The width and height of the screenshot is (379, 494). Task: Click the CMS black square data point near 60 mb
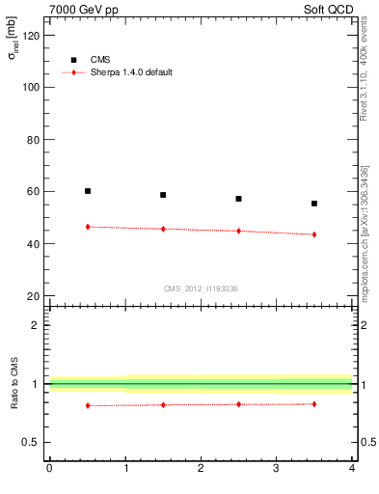coord(88,191)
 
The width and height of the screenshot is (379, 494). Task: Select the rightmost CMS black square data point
coord(314,204)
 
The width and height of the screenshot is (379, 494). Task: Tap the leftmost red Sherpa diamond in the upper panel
coord(88,227)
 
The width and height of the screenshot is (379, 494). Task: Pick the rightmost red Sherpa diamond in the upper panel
coord(314,234)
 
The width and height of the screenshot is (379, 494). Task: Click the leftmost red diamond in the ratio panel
coord(88,405)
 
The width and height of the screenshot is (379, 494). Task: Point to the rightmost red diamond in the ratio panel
coord(314,403)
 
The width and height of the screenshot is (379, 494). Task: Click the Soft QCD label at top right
coord(326,9)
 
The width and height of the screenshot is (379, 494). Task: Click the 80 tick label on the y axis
coord(32,139)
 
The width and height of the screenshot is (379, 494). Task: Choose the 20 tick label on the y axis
coord(32,296)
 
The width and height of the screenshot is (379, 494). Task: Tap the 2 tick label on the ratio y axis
coord(36,325)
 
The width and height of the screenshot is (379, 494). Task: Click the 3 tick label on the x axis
coord(276,469)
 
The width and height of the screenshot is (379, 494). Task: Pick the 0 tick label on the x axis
coord(49,469)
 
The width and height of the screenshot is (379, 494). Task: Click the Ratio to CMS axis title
coord(14,385)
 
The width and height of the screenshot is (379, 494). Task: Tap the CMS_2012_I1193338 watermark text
coord(201,288)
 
